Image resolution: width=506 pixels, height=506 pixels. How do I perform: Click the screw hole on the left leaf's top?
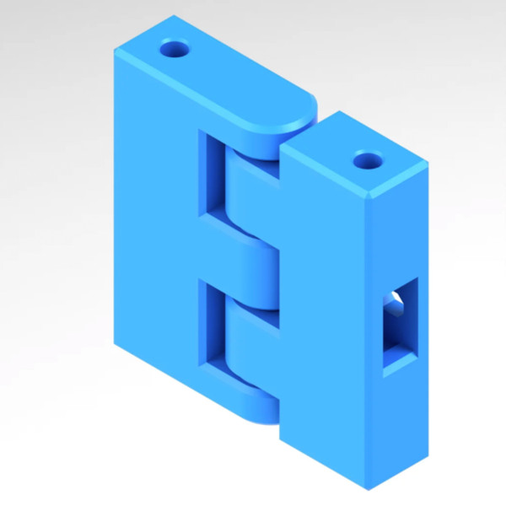[x=177, y=48]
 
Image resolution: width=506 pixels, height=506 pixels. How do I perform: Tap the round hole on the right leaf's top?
[x=367, y=159]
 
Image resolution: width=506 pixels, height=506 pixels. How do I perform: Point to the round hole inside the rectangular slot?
[x=394, y=301]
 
